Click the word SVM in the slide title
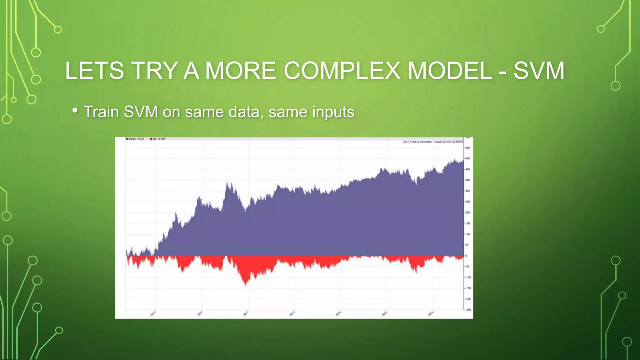[539, 71]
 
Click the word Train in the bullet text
[101, 112]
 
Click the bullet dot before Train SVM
[75, 110]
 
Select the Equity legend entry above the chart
[135, 139]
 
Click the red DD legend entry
[157, 139]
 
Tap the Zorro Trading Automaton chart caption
[432, 142]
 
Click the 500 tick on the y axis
[467, 148]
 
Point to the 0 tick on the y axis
[466, 256]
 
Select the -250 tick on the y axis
[468, 310]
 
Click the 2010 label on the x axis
[153, 313]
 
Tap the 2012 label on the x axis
[246, 313]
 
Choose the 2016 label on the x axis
[431, 313]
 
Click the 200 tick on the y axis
[467, 212]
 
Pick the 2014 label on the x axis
[338, 313]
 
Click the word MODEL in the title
[450, 71]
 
